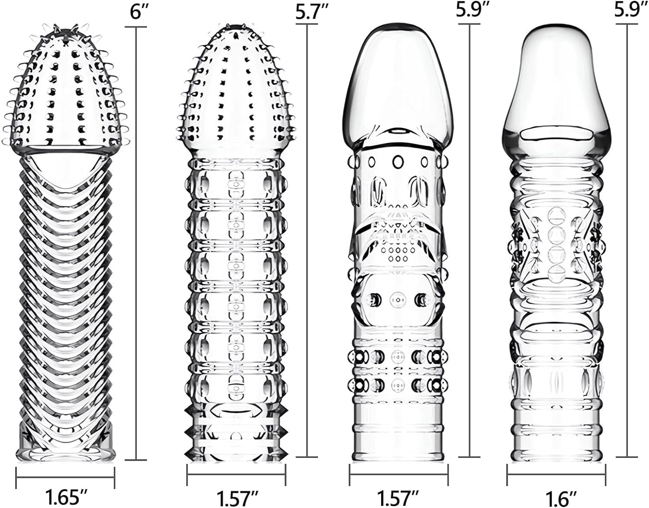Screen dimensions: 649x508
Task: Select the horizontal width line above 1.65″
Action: [65, 478]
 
